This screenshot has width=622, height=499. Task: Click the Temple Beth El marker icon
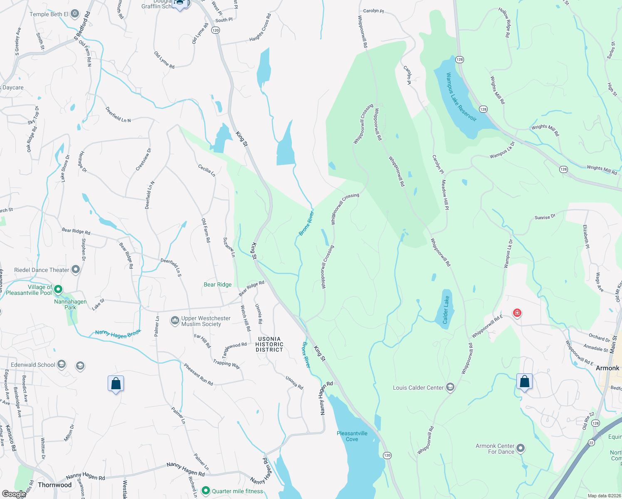(x=75, y=14)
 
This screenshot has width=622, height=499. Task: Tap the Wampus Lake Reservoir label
(x=461, y=97)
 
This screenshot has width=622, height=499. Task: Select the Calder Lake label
(x=445, y=310)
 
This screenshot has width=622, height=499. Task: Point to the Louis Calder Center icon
(x=450, y=388)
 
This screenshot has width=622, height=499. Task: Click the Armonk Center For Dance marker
(x=521, y=448)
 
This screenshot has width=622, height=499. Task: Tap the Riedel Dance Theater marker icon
(x=76, y=270)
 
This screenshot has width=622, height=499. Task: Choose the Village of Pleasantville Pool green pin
(x=58, y=289)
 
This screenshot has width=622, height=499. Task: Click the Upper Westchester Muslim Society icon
(x=175, y=321)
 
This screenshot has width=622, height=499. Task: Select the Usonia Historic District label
(x=269, y=344)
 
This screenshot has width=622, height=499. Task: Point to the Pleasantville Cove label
(x=352, y=436)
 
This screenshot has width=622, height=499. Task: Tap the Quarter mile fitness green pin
(x=205, y=491)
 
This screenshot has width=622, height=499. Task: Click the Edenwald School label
(x=33, y=365)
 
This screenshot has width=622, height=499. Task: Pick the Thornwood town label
(x=54, y=485)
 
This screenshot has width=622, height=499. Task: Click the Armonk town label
(x=607, y=368)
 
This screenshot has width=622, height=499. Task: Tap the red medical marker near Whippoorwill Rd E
(x=517, y=313)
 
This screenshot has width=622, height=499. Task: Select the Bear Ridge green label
(x=217, y=284)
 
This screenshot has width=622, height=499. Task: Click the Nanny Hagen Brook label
(x=118, y=333)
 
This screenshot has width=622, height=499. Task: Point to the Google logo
(x=14, y=494)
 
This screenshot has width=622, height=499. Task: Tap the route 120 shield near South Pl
(x=215, y=30)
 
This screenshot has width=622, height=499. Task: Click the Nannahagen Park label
(x=70, y=304)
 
